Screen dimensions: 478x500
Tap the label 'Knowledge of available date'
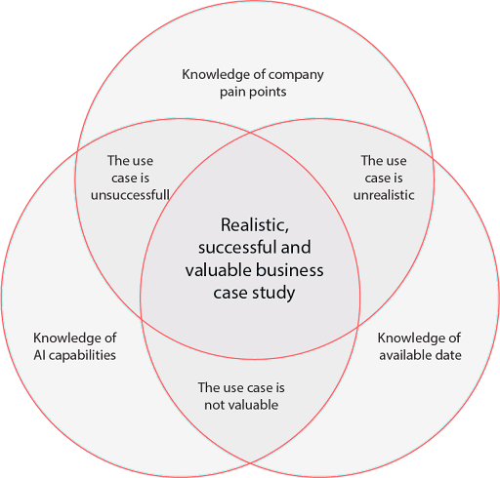(420, 346)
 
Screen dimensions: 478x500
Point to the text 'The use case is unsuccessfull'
(130, 178)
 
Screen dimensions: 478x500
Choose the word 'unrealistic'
(387, 194)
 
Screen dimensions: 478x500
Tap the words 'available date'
(420, 355)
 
